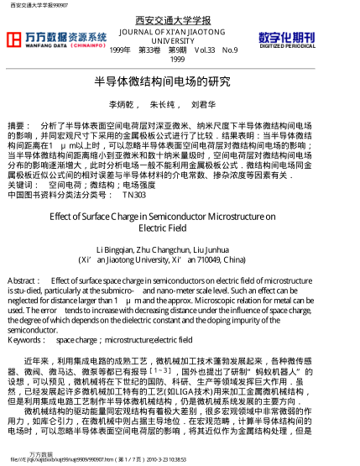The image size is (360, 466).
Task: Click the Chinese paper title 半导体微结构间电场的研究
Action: (162, 82)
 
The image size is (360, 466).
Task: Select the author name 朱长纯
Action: (164, 106)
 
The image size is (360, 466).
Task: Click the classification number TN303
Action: (133, 194)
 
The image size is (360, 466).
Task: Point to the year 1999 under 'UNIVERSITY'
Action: (177, 60)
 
